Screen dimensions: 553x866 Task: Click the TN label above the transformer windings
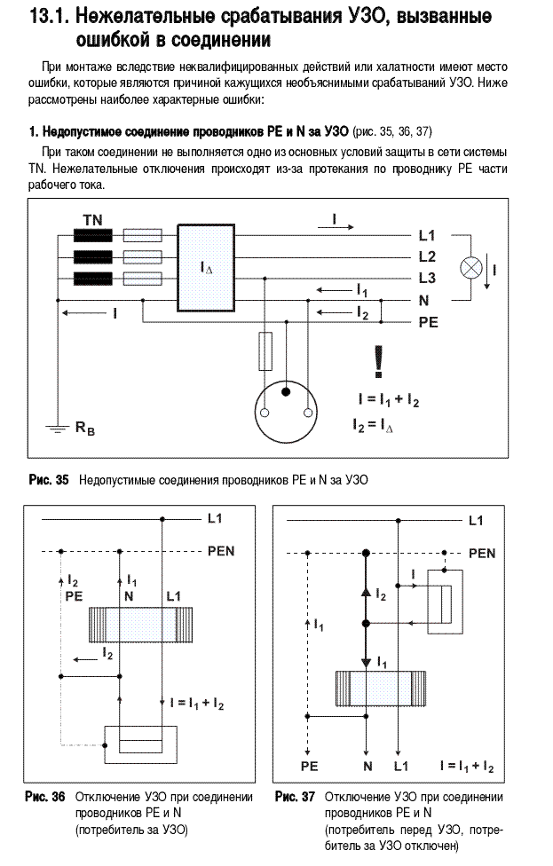coord(93,220)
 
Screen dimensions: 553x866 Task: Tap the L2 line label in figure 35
coord(427,256)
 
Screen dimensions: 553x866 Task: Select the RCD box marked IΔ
coord(206,268)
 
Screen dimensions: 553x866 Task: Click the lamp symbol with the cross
coord(471,269)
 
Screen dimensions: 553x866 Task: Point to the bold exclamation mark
coord(378,362)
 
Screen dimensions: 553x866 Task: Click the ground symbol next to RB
coord(55,428)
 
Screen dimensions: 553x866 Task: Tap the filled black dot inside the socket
coord(286,392)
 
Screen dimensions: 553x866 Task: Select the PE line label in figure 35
coord(428,322)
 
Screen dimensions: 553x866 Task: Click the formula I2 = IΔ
coord(373,425)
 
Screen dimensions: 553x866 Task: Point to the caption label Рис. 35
coord(49,479)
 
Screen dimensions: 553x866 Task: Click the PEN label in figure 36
coord(221,551)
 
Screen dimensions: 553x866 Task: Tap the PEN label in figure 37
coord(482,554)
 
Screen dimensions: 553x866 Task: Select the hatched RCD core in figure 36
coord(141,624)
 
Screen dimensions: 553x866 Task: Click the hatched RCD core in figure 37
coord(381,689)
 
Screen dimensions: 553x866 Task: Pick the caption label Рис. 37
coord(295,797)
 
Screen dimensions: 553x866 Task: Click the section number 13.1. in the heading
coord(50,17)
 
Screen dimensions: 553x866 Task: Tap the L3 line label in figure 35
coord(427,278)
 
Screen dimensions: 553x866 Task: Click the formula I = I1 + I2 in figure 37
coord(468,766)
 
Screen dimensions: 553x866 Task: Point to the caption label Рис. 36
coord(45,797)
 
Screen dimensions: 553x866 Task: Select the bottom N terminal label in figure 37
coord(368,766)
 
